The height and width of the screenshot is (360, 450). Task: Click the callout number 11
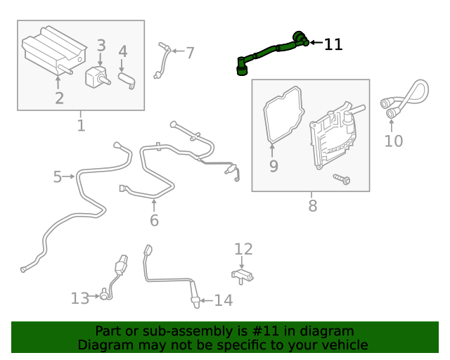tap(333, 44)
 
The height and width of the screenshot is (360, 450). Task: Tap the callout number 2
tap(59, 98)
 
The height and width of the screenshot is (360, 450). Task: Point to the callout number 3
tap(101, 46)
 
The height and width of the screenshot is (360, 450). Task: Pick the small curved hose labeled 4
tap(127, 79)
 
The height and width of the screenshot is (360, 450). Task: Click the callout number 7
tap(190, 52)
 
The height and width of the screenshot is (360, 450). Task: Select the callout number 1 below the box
tap(81, 126)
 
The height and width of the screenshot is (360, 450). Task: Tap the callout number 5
tap(58, 176)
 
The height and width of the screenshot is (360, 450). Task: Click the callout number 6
tap(154, 220)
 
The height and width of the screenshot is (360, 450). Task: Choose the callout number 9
tap(274, 166)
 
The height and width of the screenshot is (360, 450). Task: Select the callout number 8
tap(313, 206)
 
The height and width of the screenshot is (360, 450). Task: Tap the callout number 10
tap(394, 141)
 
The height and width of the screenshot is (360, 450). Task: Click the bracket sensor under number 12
tap(242, 274)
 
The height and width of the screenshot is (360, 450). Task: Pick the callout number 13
tap(80, 299)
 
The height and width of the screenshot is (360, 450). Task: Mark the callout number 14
tap(223, 301)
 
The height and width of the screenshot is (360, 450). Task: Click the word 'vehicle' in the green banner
tap(342, 345)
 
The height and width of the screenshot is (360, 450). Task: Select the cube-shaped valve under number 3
tap(96, 76)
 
